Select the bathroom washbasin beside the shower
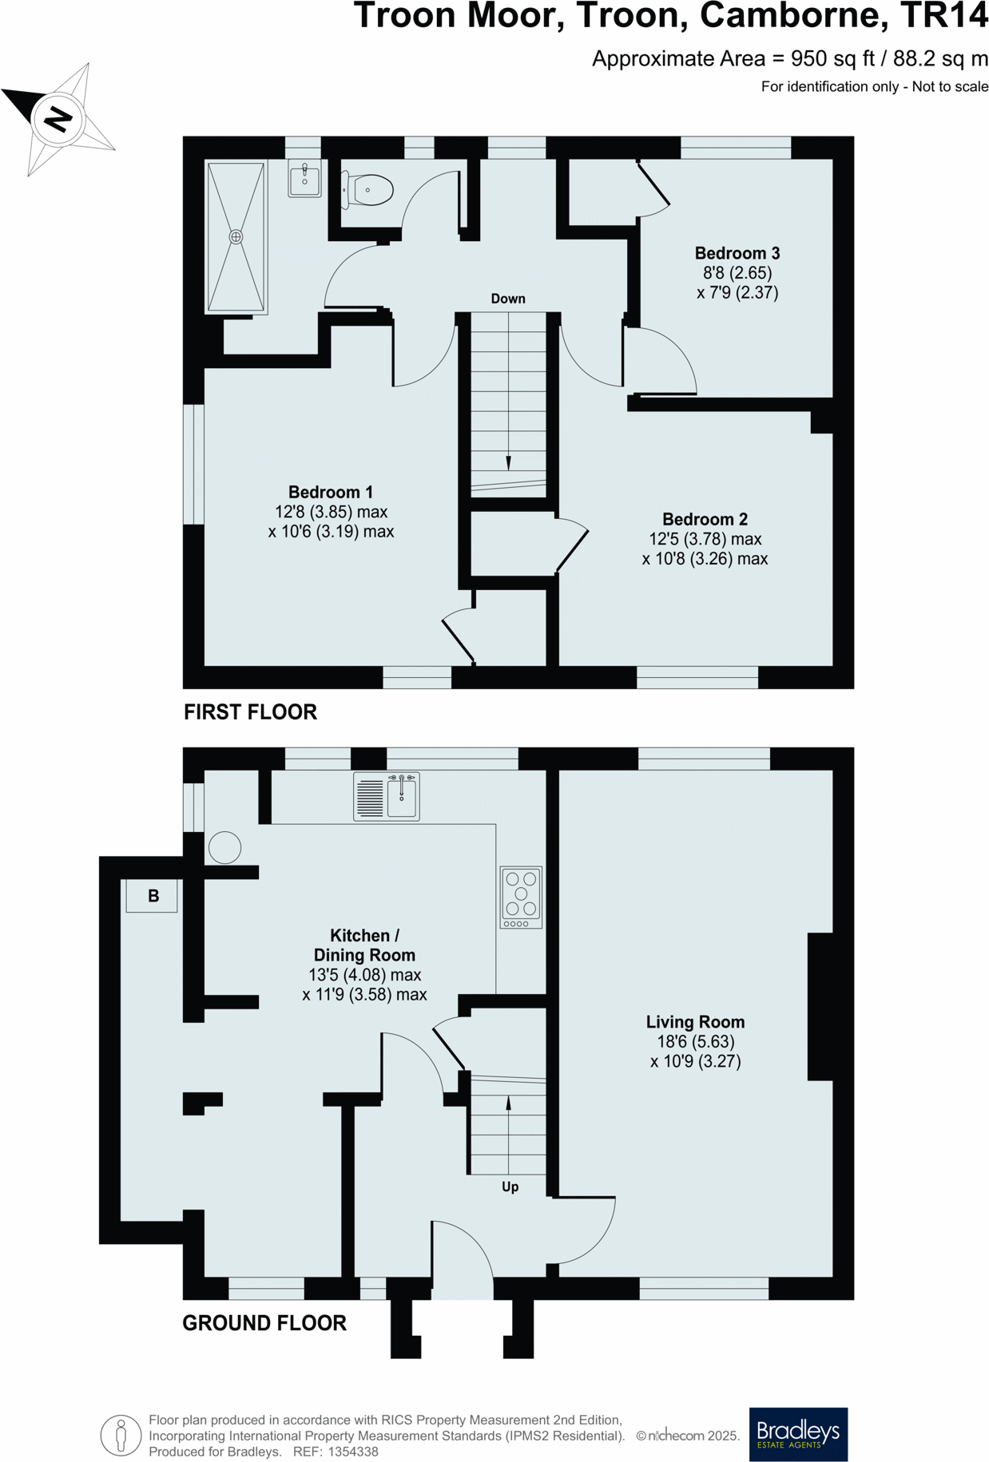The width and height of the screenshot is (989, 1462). pyautogui.click(x=304, y=178)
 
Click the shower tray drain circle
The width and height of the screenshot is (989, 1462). pyautogui.click(x=236, y=237)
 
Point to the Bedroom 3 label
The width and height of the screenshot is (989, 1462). pyautogui.click(x=737, y=253)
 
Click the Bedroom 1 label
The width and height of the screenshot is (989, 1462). pyautogui.click(x=330, y=492)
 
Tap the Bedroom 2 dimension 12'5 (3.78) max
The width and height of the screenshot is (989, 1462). pyautogui.click(x=705, y=539)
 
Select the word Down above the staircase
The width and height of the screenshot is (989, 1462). pyautogui.click(x=508, y=299)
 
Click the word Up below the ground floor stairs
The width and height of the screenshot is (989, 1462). pyautogui.click(x=510, y=1187)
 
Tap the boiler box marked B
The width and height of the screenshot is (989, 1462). pyautogui.click(x=152, y=896)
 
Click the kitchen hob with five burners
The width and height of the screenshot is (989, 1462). pyautogui.click(x=521, y=897)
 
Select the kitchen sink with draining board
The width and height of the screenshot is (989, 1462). pyautogui.click(x=387, y=796)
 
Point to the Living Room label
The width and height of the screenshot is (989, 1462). pyautogui.click(x=695, y=1022)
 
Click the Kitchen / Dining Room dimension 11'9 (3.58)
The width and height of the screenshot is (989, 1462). pyautogui.click(x=364, y=995)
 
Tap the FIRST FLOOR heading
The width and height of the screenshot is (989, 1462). pyautogui.click(x=250, y=711)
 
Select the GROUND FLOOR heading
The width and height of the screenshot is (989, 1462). pyautogui.click(x=264, y=1323)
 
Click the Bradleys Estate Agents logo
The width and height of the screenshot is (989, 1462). pyautogui.click(x=797, y=1434)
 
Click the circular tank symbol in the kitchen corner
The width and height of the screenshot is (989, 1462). pyautogui.click(x=224, y=847)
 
